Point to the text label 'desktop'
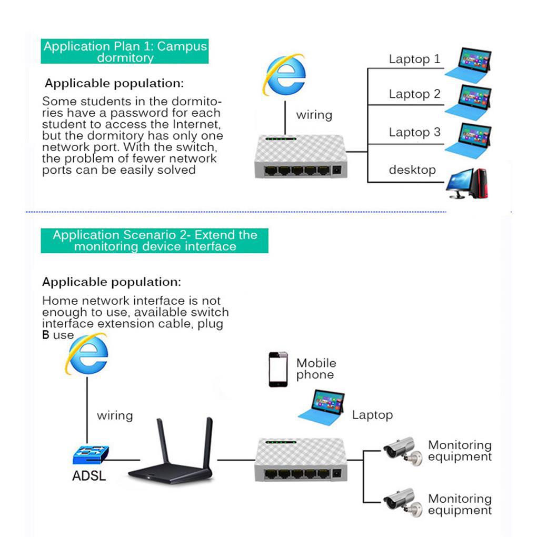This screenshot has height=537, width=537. coord(412,170)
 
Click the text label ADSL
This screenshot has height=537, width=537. coord(89,476)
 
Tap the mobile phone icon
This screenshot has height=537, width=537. coord(279,370)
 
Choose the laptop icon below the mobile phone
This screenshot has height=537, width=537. coord(322,406)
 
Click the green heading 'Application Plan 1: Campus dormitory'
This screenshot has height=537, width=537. coord(125,52)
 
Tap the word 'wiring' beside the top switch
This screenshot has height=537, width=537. coord(314,115)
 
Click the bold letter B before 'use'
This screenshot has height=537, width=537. coord(46,335)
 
